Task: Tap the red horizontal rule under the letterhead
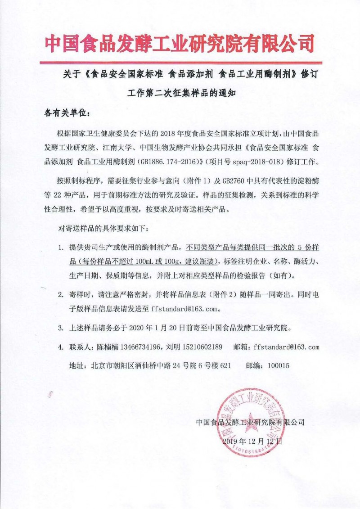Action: click(x=180, y=63)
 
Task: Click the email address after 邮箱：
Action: click(x=286, y=347)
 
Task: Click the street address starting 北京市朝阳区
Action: click(x=161, y=366)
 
